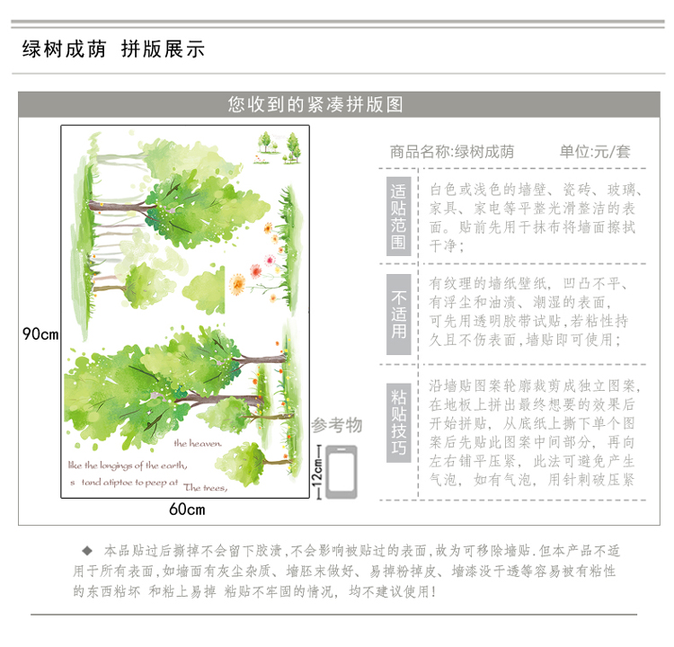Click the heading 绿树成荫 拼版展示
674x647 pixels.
[x=113, y=49]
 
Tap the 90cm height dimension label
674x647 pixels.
[x=40, y=333]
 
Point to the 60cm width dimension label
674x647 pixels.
[x=187, y=510]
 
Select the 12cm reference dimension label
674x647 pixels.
[x=317, y=469]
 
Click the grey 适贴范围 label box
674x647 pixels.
[x=398, y=216]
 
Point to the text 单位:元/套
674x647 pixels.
[x=595, y=152]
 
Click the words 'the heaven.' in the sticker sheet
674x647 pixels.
[x=197, y=443]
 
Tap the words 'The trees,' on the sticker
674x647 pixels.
[x=207, y=489]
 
